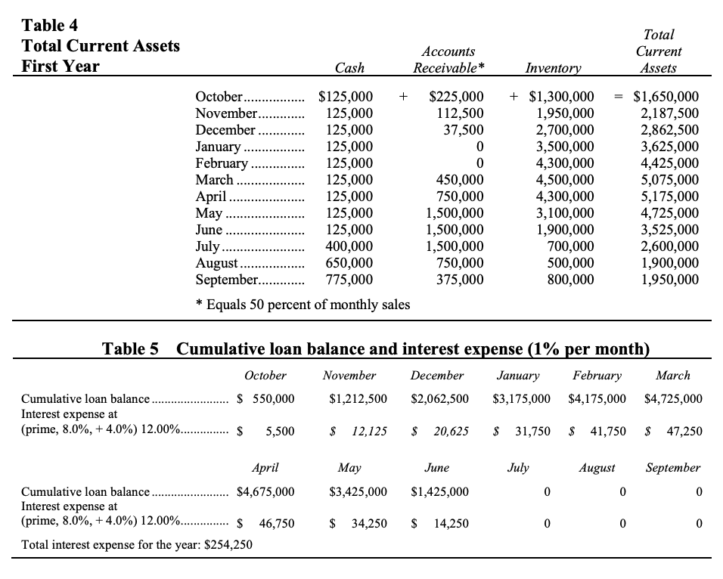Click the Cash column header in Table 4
point(349,68)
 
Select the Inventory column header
point(552,68)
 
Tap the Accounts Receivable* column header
point(448,60)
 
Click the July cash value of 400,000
point(349,246)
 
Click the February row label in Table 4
point(221,163)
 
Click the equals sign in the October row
point(618,97)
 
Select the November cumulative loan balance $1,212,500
point(358,398)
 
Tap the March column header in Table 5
point(672,376)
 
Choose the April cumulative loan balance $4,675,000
point(265,491)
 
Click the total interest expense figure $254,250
point(223,544)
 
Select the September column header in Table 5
point(672,468)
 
